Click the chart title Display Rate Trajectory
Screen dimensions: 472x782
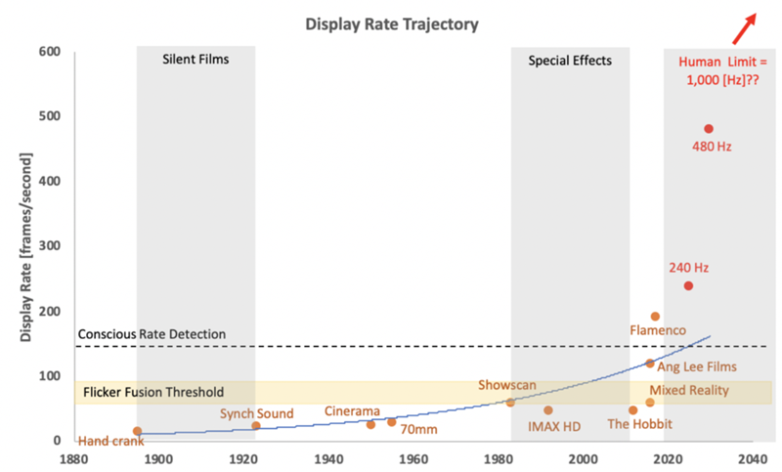[391, 23]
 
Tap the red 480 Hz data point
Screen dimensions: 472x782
[709, 129]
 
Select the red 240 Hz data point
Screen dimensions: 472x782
[688, 285]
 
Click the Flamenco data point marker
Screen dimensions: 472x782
[655, 317]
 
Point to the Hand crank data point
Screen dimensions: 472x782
[137, 431]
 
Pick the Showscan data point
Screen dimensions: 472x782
[510, 403]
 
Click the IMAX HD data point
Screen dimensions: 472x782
[547, 410]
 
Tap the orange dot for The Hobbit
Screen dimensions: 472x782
[632, 410]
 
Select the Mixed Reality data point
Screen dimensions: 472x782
[649, 403]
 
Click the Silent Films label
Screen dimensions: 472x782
[195, 60]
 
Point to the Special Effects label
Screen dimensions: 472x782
[570, 60]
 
